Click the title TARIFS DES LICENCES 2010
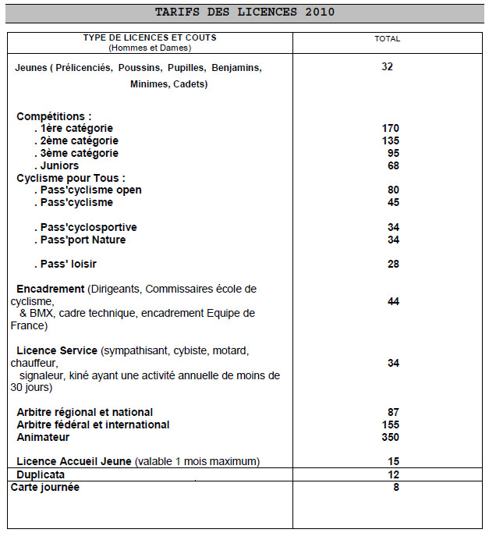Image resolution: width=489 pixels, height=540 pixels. point(245,12)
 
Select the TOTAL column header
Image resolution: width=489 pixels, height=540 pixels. point(387,38)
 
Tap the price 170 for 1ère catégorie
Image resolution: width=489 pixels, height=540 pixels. point(391,128)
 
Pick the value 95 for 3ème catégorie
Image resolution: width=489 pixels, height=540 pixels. point(392,153)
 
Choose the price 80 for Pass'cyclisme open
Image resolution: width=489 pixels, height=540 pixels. point(392,190)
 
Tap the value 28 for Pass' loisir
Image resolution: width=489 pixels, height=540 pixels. point(392,265)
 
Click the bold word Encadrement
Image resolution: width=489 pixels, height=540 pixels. point(50,289)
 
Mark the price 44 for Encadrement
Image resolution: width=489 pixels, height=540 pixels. point(392,301)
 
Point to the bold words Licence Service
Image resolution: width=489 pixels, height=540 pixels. point(57,350)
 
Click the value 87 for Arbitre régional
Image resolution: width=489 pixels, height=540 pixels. point(392,412)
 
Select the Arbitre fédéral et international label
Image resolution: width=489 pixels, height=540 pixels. point(93,425)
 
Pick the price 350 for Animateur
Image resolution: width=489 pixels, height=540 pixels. point(391,437)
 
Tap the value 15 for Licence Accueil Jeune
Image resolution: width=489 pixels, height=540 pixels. point(392,461)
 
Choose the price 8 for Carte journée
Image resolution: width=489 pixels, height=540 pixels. point(395,487)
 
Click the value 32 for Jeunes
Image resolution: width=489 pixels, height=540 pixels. point(388,66)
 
